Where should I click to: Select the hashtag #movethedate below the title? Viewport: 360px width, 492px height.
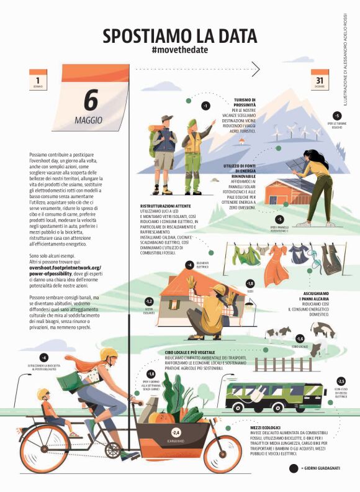(179, 48)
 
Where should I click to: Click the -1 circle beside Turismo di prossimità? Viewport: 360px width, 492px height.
(205, 106)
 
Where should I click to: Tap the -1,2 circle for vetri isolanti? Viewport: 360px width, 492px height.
(149, 302)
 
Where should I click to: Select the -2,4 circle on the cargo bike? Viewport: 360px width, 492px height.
(176, 432)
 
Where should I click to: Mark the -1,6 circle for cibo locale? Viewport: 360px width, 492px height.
(300, 339)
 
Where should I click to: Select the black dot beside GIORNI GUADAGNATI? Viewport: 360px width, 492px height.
(294, 468)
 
